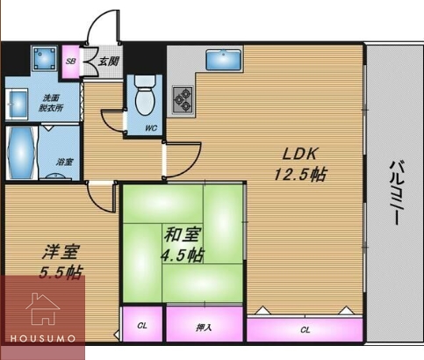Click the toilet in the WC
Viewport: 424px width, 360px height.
[145, 95]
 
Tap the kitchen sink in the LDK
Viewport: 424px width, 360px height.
[224, 60]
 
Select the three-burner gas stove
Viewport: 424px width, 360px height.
[183, 100]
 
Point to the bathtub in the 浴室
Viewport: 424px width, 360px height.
[21, 153]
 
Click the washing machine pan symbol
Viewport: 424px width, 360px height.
[44, 58]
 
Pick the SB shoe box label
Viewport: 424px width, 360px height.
[70, 61]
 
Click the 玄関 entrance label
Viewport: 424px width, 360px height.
[108, 61]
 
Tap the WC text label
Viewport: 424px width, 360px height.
[151, 128]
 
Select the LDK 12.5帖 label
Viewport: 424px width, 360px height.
[300, 164]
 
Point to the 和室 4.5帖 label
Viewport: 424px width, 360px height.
[182, 245]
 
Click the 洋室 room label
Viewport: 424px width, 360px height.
[61, 252]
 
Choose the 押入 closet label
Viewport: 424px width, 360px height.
[204, 328]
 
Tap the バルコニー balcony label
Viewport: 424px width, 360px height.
[397, 192]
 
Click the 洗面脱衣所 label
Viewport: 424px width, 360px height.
[51, 103]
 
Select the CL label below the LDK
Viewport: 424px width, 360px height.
[305, 330]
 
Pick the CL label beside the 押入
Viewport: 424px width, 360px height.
[142, 326]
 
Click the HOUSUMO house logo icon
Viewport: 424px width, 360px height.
[43, 309]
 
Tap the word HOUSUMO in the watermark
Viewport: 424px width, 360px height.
[43, 339]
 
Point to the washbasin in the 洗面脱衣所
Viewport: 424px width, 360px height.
[17, 104]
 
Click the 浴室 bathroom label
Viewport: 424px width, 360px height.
[64, 162]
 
